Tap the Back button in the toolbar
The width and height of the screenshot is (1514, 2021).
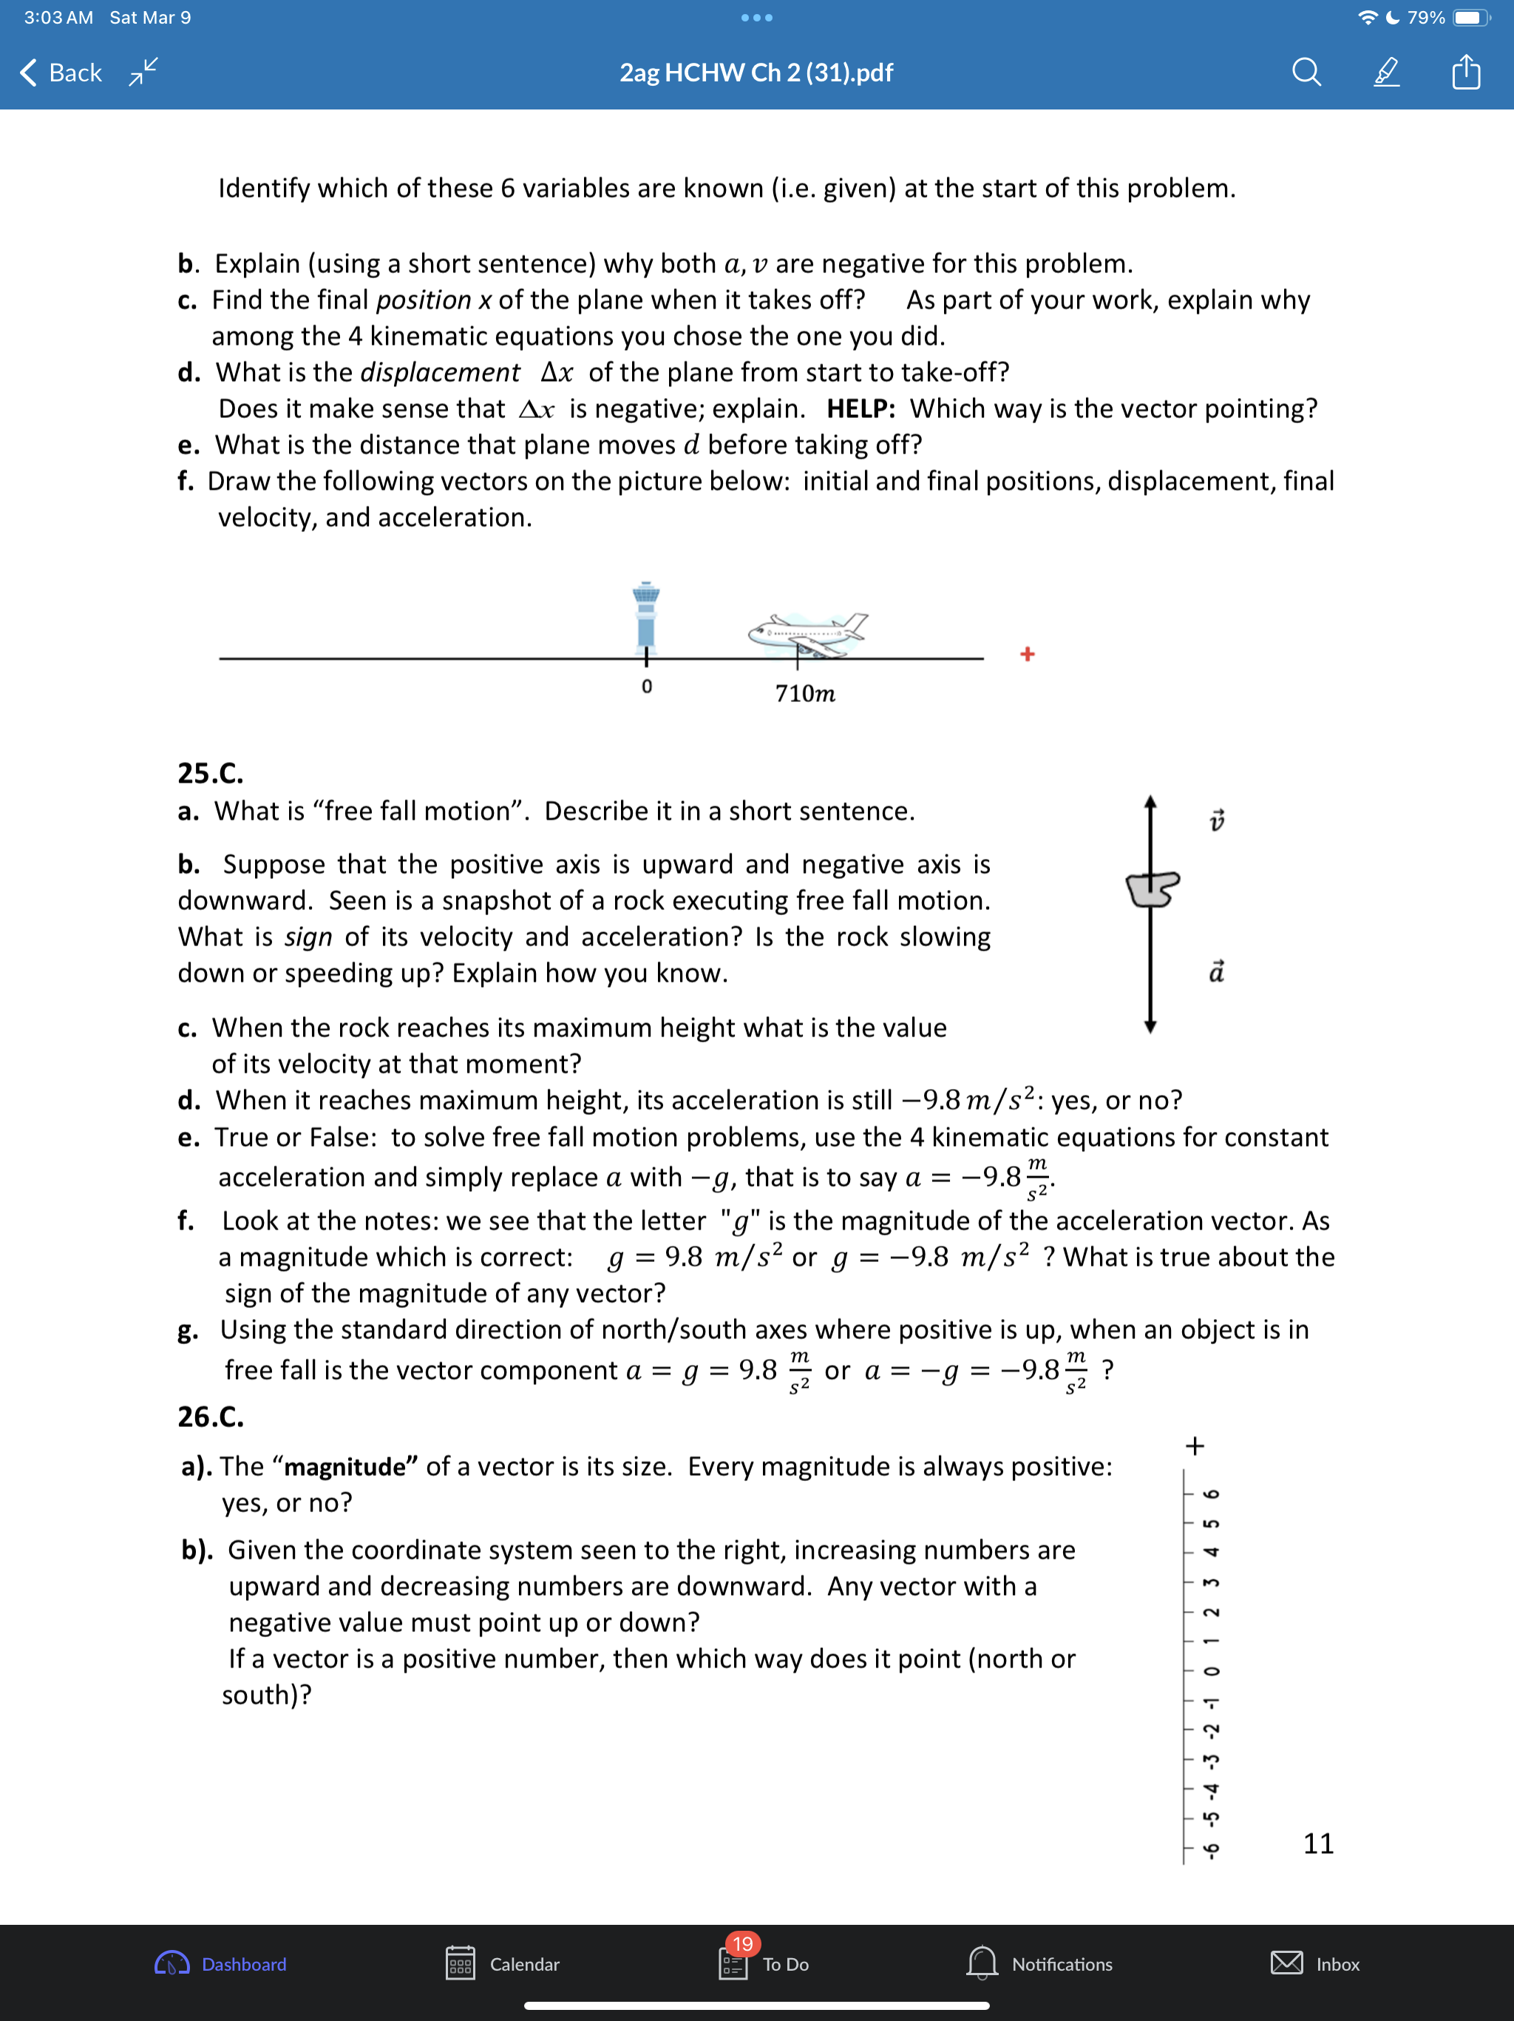point(61,72)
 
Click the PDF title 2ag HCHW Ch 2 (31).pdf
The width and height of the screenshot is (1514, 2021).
point(756,72)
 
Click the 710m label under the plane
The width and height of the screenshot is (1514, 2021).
point(804,693)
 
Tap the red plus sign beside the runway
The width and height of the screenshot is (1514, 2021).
point(1028,654)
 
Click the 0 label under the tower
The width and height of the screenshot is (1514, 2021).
point(647,686)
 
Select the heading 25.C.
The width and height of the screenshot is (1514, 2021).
point(210,773)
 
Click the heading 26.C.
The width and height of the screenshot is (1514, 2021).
point(210,1416)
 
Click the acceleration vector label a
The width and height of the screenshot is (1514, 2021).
point(1216,971)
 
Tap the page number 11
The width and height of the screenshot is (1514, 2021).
point(1317,1843)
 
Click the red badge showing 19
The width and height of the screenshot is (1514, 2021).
point(742,1943)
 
